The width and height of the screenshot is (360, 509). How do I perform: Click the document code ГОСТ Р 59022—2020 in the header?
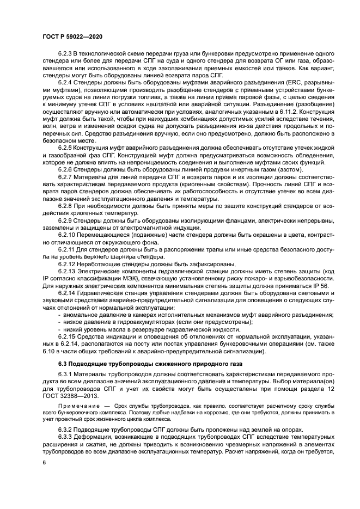pos(72,35)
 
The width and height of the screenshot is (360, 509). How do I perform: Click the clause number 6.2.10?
pos(68,237)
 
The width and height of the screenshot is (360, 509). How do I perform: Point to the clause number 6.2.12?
pos(68,264)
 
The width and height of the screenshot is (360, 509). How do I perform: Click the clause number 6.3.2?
pos(66,428)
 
